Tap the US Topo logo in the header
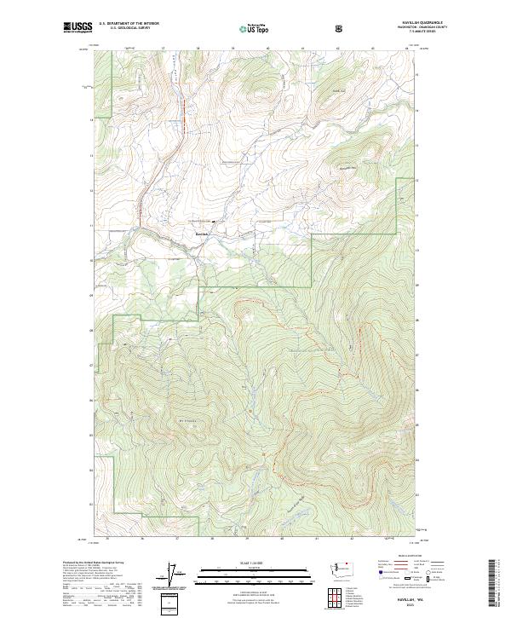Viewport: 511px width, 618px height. [255, 29]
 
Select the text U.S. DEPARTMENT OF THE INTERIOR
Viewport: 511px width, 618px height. [129, 24]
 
